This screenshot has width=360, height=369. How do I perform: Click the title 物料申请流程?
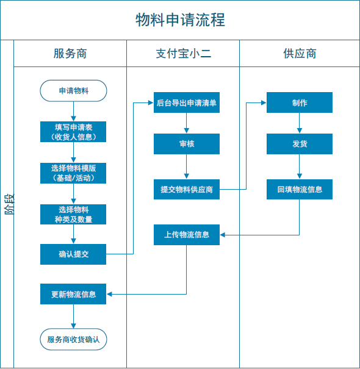click(180, 20)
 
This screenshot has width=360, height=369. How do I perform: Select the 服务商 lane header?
click(70, 54)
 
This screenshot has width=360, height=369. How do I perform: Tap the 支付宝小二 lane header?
click(183, 54)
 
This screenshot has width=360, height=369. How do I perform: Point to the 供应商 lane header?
click(300, 54)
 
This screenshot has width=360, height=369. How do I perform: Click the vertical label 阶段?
click(9, 204)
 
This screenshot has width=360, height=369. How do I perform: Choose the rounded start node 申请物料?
click(73, 91)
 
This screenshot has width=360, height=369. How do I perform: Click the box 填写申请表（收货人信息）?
click(73, 132)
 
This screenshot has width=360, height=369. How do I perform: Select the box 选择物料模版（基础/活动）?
click(73, 173)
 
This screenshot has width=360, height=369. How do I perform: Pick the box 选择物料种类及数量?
click(73, 215)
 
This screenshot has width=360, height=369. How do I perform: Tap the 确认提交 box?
click(73, 254)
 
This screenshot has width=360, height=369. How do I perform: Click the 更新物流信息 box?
click(73, 294)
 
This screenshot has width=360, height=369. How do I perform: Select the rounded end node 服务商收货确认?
click(73, 339)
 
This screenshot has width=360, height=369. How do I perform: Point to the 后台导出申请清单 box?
click(187, 102)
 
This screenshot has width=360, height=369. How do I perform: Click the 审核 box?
click(187, 144)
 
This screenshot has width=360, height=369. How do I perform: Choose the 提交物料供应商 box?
click(187, 190)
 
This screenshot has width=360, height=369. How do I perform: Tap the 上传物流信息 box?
click(187, 235)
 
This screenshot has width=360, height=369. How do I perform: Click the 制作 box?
click(300, 102)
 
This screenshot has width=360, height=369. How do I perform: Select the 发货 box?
click(300, 144)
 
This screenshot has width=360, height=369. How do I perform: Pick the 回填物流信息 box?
click(300, 190)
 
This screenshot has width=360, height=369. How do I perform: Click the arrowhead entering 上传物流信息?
click(223, 235)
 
